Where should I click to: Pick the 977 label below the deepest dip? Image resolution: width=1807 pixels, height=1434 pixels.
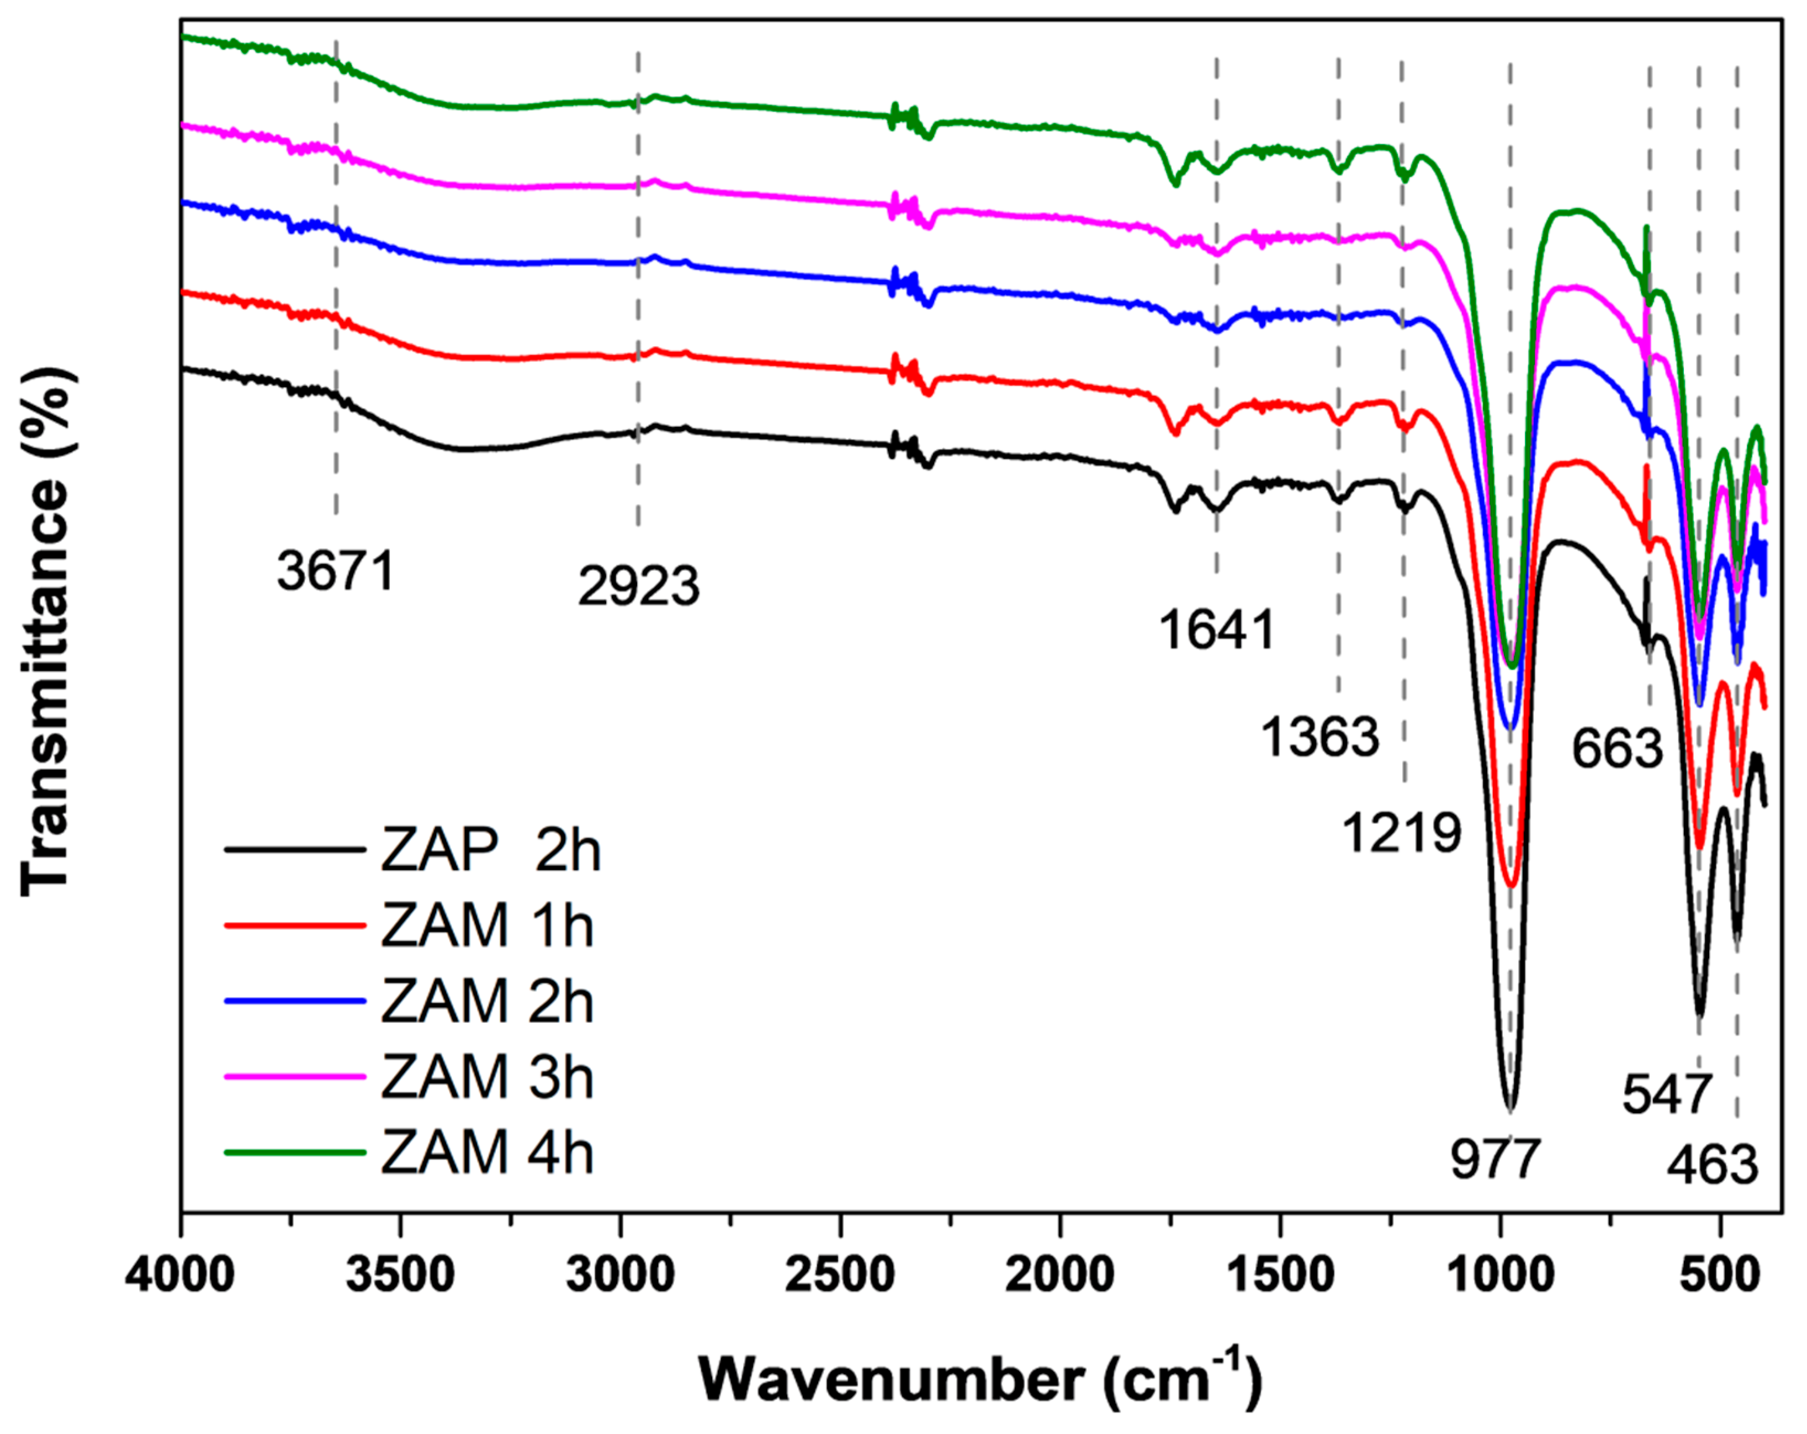tap(1495, 1159)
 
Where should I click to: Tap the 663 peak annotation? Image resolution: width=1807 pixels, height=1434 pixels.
tap(1617, 748)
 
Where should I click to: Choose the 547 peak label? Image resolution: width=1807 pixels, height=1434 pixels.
tap(1666, 1094)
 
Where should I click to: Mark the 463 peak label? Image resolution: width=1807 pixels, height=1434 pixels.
tap(1711, 1165)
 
